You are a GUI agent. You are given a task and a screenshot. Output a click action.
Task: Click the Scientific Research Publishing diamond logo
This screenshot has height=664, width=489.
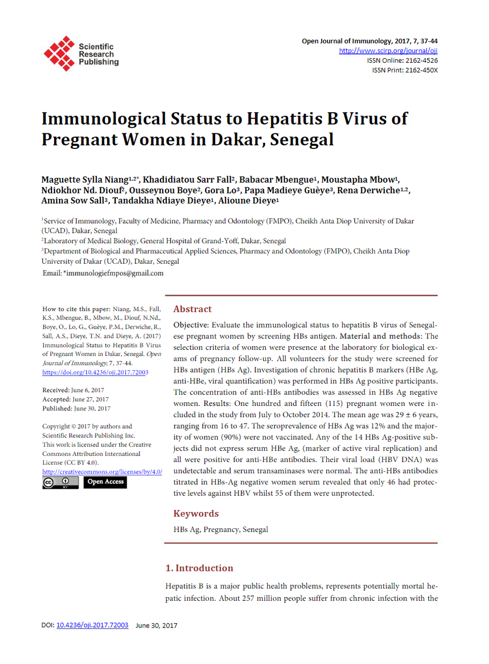[59, 53]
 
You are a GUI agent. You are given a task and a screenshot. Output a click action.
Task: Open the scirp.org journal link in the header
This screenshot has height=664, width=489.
[388, 50]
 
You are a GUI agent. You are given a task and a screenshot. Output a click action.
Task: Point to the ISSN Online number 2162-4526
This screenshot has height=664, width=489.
[422, 60]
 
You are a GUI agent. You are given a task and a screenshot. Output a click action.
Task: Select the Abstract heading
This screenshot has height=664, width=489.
[193, 309]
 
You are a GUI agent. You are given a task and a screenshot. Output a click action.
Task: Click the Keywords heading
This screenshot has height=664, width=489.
[196, 514]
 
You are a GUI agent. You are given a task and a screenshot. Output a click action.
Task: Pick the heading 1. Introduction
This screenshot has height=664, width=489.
[199, 568]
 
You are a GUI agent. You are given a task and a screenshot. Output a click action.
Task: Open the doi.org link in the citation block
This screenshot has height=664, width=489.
[95, 372]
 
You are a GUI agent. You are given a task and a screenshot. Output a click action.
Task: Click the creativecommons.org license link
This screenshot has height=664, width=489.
[102, 472]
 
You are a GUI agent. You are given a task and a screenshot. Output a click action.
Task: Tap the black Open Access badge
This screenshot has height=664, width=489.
[105, 482]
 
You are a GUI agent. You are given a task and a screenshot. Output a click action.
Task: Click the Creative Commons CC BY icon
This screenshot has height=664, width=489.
[60, 483]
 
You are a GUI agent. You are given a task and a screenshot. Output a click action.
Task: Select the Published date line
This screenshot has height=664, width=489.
[76, 408]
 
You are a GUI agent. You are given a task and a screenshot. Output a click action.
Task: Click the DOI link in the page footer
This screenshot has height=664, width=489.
[92, 625]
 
